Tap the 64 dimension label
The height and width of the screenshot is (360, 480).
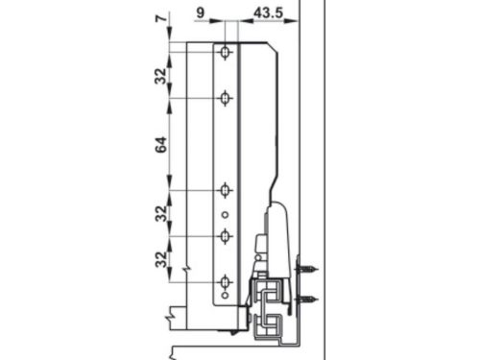[160, 145]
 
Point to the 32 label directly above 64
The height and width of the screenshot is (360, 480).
[160, 75]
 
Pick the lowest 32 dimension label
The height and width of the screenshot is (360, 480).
[160, 259]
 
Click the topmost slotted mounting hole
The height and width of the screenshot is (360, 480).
[225, 52]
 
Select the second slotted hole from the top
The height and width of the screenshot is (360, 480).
[225, 98]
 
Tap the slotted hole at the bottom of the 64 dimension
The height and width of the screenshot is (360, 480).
[225, 190]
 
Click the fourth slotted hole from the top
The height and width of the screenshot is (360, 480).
[225, 235]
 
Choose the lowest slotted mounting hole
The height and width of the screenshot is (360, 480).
[225, 281]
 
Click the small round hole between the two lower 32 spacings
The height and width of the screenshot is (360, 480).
[225, 213]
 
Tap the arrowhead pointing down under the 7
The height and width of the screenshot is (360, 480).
[170, 36]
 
